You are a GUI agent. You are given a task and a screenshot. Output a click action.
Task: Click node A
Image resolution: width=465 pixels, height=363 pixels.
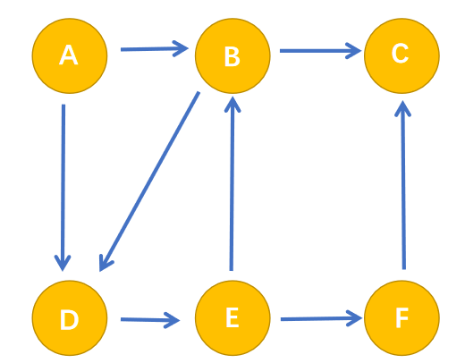[70, 55]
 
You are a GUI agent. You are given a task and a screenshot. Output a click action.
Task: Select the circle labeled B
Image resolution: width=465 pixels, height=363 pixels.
[232, 55]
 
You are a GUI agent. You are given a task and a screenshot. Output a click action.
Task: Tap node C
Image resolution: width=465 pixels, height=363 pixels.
[402, 55]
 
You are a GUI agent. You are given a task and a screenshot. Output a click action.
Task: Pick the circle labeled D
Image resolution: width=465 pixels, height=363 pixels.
[70, 317]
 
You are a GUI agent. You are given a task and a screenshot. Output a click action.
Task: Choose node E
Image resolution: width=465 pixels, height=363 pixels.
[232, 317]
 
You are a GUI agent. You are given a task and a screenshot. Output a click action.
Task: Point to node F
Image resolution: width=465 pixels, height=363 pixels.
[402, 317]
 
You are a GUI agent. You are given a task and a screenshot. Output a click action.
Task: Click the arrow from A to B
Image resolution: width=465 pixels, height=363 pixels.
[155, 49]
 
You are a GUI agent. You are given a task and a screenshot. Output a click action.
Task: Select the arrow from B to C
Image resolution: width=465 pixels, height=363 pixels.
[320, 51]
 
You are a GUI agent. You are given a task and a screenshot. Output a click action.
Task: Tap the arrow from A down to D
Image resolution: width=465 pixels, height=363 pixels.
[63, 188]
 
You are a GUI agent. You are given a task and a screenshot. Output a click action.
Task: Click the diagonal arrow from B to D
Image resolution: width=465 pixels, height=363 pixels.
[149, 181]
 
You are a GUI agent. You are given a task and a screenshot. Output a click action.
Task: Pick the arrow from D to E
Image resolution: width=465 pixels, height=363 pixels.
[150, 320]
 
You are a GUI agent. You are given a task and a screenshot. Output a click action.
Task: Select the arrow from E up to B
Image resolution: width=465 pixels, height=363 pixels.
[232, 183]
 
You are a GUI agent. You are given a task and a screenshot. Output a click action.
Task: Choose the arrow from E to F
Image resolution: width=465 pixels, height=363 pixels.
[321, 318]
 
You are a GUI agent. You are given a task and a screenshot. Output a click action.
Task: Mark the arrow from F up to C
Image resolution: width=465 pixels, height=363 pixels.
[403, 185]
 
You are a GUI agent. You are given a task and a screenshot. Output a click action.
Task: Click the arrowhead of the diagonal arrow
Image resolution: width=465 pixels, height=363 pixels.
[105, 264]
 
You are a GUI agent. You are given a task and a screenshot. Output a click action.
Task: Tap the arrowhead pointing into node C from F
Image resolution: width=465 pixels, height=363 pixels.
[402, 108]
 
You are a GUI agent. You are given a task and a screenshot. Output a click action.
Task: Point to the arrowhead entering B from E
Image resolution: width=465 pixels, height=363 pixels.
[232, 104]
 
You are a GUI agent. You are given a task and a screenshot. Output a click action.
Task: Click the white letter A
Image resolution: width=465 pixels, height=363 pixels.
[69, 55]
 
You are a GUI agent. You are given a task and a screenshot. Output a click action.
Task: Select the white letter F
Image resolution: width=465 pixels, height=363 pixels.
[402, 317]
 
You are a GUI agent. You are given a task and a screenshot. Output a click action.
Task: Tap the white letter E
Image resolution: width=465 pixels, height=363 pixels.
[232, 317]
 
